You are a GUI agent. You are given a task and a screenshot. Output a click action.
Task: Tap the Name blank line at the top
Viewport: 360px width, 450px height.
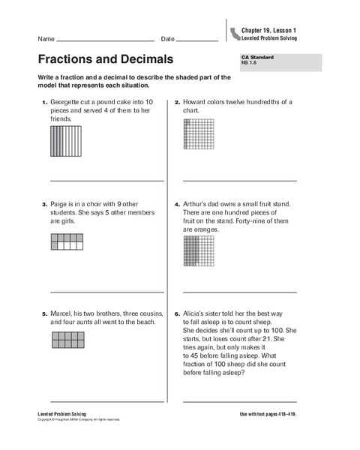coord(105,40)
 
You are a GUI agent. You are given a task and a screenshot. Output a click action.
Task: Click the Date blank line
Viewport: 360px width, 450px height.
coord(197,40)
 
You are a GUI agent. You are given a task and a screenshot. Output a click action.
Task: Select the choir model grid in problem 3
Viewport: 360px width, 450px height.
coord(65,241)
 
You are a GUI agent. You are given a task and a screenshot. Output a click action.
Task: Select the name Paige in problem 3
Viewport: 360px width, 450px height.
coord(60,203)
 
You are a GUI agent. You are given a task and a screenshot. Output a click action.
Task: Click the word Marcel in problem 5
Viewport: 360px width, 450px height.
coord(62,312)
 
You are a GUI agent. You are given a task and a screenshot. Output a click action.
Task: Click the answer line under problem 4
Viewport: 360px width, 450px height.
coord(239,292)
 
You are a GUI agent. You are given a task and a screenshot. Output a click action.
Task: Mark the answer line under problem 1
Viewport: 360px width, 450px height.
coord(106,181)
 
